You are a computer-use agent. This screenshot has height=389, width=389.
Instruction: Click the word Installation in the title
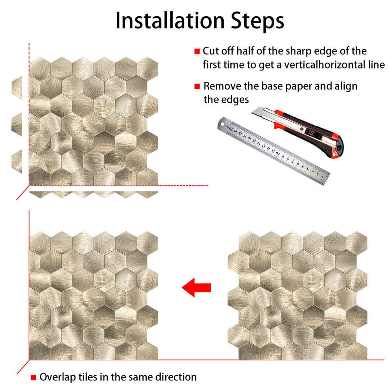point(170,21)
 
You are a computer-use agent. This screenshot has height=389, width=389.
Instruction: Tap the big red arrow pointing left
point(196,287)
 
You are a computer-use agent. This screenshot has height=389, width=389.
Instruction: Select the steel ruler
point(273,151)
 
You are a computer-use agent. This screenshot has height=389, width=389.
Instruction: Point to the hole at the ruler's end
point(222,124)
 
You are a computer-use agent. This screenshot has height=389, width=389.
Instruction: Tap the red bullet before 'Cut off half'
point(197,51)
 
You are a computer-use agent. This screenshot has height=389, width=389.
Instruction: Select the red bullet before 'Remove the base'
point(197,86)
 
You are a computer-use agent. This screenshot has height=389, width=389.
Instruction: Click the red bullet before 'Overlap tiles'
point(33,377)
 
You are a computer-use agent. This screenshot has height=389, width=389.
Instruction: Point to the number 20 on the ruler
point(231,128)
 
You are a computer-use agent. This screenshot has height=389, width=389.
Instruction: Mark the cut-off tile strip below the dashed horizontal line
point(93,194)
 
